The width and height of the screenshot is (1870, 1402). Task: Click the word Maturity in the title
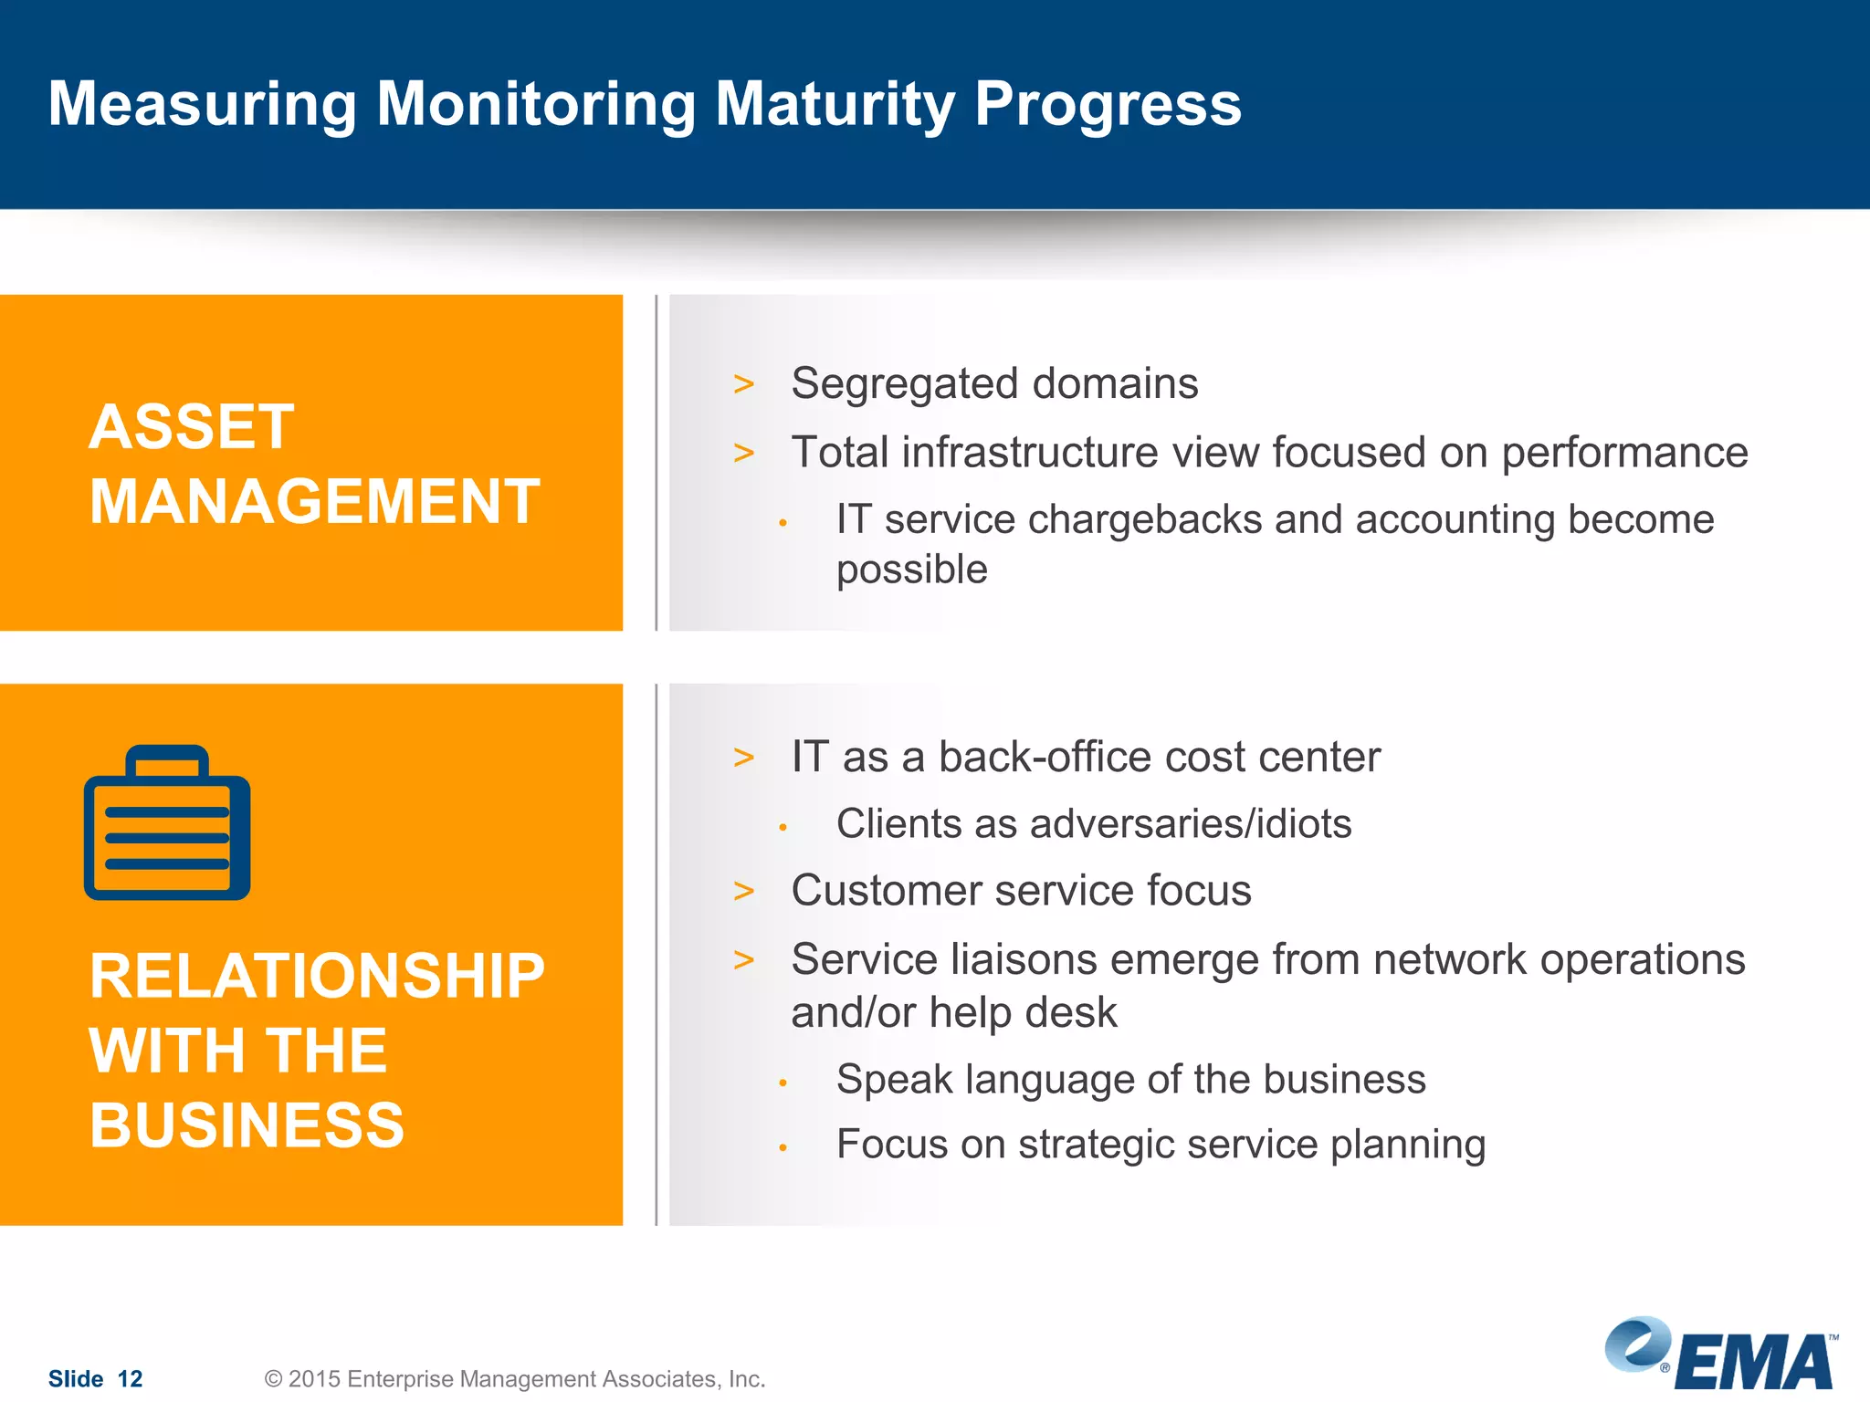coord(835,104)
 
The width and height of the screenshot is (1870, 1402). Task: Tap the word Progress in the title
coord(1108,104)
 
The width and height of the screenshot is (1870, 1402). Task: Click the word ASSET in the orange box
coord(192,427)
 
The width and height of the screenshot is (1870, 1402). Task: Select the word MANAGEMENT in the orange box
coord(314,502)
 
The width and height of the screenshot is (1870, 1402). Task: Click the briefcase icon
coord(167,824)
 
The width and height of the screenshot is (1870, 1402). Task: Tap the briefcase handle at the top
coord(167,760)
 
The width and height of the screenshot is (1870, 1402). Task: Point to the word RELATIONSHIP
coord(316,976)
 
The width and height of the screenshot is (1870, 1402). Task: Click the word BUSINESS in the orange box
coord(247,1125)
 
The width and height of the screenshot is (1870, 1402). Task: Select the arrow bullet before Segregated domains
coord(744,384)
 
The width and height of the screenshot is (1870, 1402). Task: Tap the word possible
coord(911,570)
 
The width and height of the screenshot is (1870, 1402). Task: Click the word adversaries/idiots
coord(1190,823)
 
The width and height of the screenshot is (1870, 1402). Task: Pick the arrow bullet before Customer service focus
coord(744,891)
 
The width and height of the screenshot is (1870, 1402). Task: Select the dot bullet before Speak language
coord(783,1083)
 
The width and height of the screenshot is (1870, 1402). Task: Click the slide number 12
coord(131,1378)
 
